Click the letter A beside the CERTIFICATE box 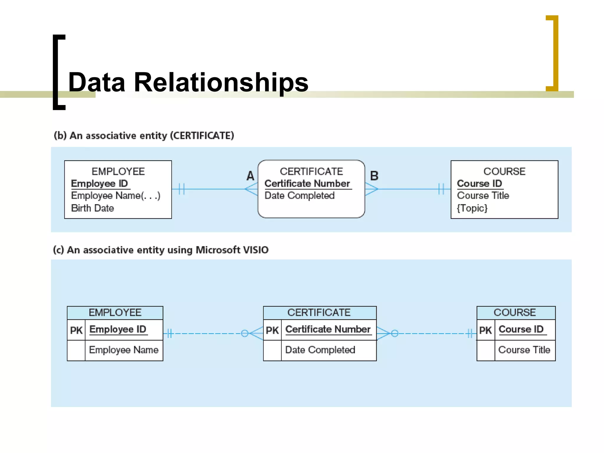point(250,176)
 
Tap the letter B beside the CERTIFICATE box point(374,176)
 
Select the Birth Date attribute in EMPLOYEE point(93,208)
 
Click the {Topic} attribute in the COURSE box point(472,208)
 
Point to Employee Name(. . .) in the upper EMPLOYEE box point(116,196)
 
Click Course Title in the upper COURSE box point(483,196)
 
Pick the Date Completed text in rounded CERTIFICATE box point(299,196)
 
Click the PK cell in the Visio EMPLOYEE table point(76,330)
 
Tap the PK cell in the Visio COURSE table point(485,330)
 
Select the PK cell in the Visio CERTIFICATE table point(272,330)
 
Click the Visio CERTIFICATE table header point(319,313)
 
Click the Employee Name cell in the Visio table point(124,350)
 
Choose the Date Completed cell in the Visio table point(320,350)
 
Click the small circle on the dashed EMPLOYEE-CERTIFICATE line point(244,334)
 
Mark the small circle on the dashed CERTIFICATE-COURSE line point(395,334)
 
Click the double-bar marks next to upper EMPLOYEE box point(182,189)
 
